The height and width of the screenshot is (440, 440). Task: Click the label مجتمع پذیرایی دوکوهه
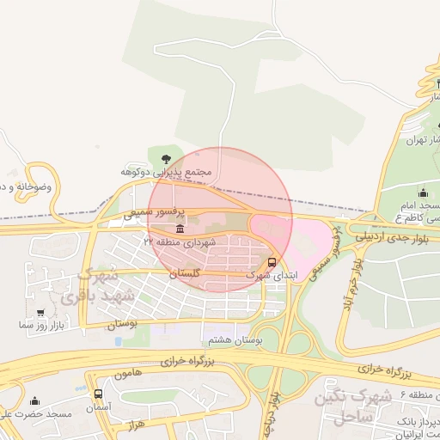[164, 172]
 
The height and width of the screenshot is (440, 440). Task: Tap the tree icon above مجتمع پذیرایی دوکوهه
[165, 157]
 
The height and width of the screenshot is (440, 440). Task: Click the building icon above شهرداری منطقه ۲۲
[180, 229]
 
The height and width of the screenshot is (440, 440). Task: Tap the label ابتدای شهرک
[269, 276]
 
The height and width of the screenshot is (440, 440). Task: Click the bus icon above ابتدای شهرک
[272, 262]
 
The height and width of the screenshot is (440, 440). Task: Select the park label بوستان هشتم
[233, 340]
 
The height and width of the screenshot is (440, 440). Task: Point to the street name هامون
[125, 375]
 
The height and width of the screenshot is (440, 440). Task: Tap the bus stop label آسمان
[98, 406]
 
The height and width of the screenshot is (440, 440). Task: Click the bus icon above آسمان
[98, 394]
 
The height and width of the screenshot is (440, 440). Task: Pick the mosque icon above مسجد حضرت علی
[34, 400]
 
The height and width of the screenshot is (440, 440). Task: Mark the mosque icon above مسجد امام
[422, 192]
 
